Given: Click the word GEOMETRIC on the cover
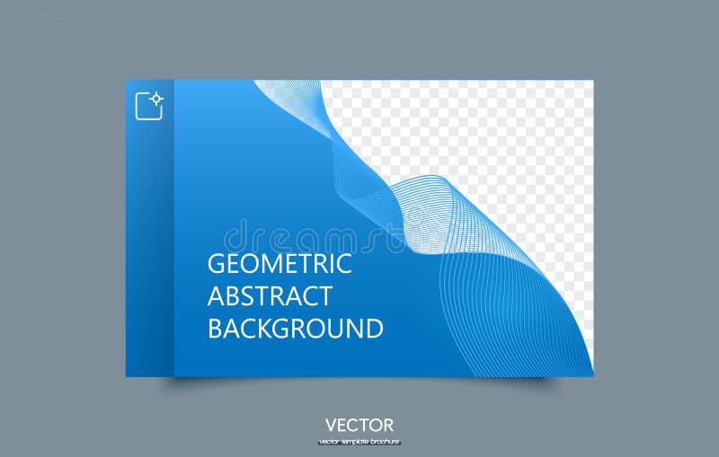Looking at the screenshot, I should coord(280,264).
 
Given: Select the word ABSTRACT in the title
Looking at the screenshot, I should coord(270,296).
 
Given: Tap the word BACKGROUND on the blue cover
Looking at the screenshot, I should coord(296,328).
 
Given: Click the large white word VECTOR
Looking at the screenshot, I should coord(359,425).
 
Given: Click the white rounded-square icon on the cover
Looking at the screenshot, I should coord(148,106).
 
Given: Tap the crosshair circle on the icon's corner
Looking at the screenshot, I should coord(157,97).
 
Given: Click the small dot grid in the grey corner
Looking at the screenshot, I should coord(50,15).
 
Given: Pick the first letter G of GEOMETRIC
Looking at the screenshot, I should coord(217,264).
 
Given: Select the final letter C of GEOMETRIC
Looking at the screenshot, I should coord(343,264).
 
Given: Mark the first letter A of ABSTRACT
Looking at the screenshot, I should coord(217,296).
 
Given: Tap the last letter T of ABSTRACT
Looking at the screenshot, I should coord(324,296).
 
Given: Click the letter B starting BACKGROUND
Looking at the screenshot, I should coord(216,328).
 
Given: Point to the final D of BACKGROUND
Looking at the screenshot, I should coord(374,328).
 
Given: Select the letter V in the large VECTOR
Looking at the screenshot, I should coord(332,425).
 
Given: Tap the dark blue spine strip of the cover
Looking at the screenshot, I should coord(149,251).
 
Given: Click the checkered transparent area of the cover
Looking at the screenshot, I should coord(503,135).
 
